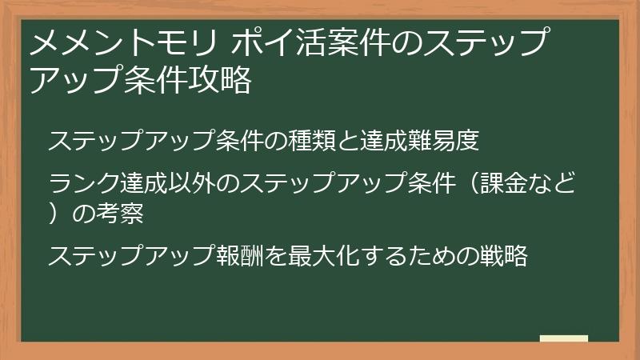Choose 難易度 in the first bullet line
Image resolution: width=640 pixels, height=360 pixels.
pos(446,142)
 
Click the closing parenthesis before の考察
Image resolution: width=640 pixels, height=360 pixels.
pos(55,214)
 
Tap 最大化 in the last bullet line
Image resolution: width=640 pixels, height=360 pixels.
pos(322,257)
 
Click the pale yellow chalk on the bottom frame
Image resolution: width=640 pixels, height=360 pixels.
pos(564,339)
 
